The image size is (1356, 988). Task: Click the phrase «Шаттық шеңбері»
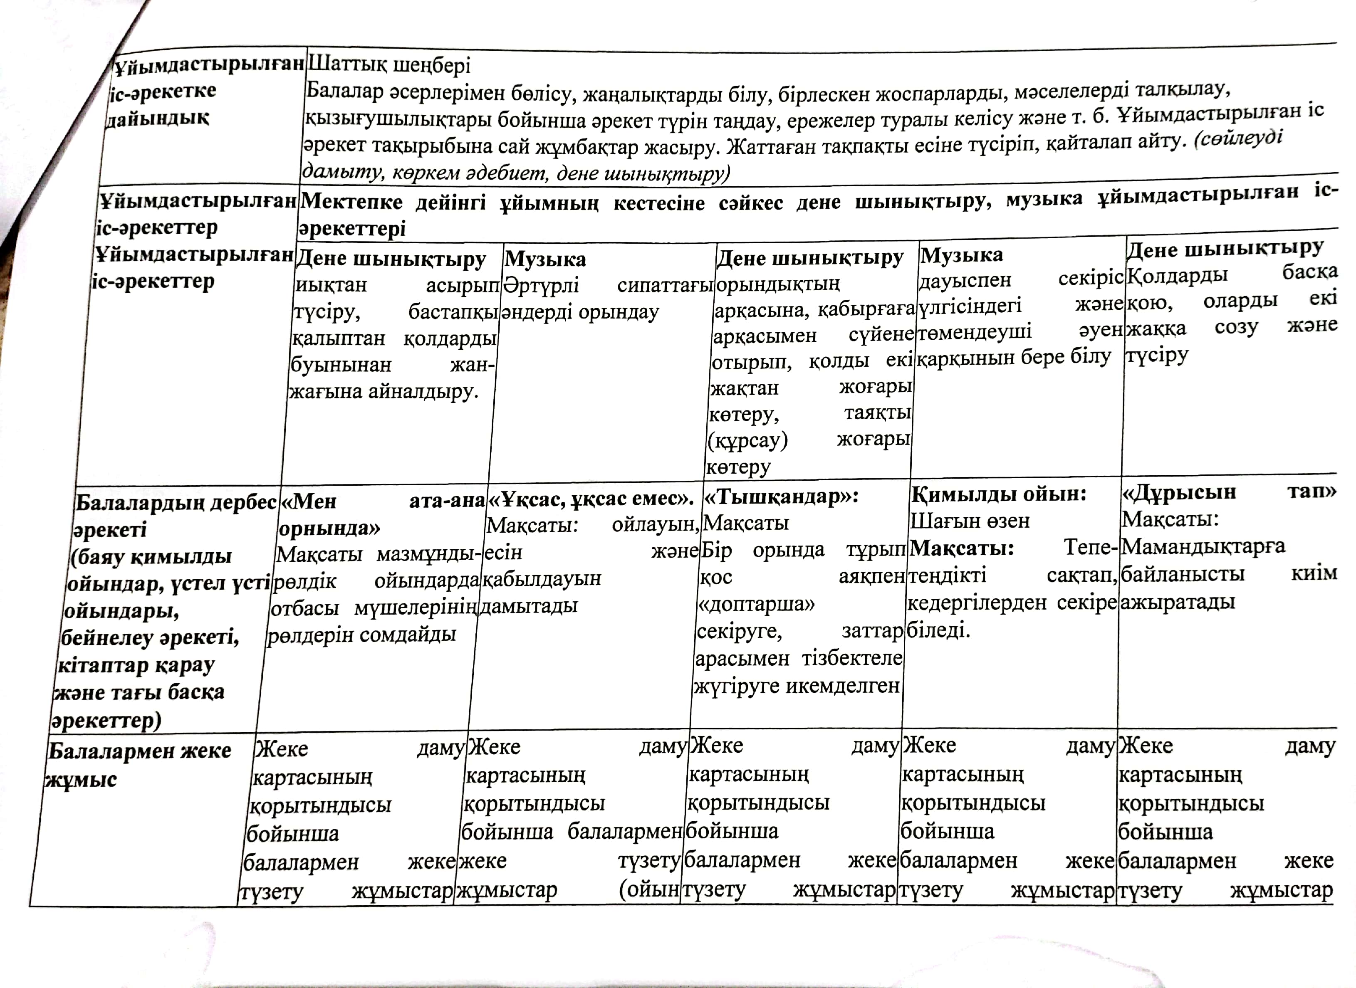click(x=389, y=64)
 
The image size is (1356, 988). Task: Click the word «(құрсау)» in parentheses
click(x=748, y=441)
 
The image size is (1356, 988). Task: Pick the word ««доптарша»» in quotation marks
click(x=756, y=604)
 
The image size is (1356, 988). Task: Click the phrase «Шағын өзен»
click(x=970, y=521)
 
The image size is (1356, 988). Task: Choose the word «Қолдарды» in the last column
click(x=1177, y=276)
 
